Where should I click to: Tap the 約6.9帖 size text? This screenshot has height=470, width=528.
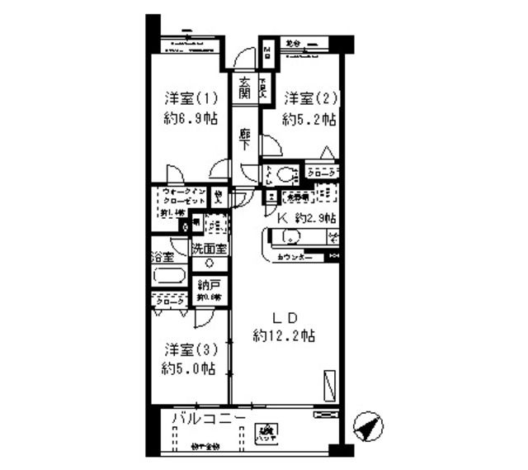coord(190,118)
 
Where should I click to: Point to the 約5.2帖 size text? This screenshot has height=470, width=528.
coord(309,119)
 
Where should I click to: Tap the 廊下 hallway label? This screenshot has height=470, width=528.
coord(245,139)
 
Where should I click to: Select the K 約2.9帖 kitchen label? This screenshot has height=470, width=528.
coord(305,218)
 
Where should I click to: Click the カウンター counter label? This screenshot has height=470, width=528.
coord(295,259)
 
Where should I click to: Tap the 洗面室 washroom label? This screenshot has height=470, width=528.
coord(210,249)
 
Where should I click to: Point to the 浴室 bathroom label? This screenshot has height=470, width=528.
coord(162,257)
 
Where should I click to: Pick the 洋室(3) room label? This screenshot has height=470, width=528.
coord(189,349)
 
